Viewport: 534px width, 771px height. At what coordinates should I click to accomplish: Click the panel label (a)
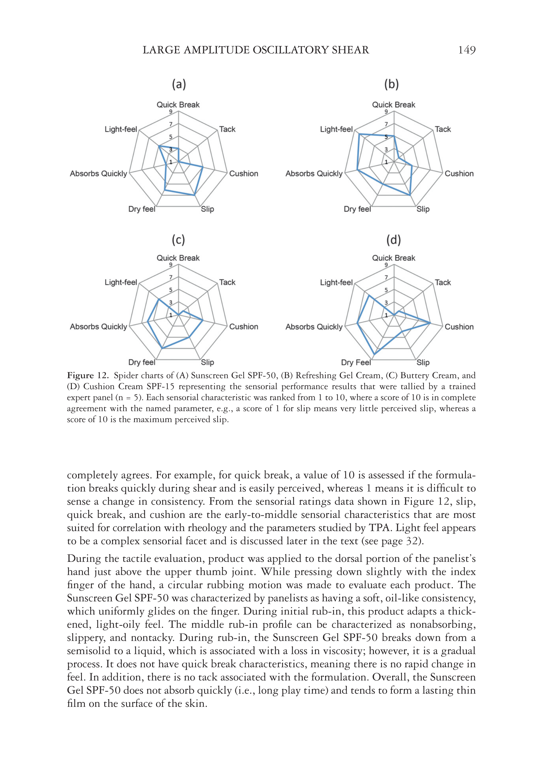pyautogui.click(x=179, y=84)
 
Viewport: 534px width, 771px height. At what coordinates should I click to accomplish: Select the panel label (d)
pyautogui.click(x=393, y=240)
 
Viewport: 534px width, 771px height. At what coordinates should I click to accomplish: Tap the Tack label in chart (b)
pyautogui.click(x=442, y=129)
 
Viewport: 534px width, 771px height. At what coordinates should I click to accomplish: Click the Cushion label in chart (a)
pyautogui.click(x=244, y=173)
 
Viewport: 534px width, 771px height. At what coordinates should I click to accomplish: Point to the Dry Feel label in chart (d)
pyautogui.click(x=356, y=363)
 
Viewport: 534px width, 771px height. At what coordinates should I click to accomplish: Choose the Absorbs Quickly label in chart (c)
pyautogui.click(x=98, y=327)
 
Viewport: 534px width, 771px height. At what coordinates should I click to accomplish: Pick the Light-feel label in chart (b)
pyautogui.click(x=336, y=129)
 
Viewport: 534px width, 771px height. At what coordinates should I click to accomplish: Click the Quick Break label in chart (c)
pyautogui.click(x=178, y=258)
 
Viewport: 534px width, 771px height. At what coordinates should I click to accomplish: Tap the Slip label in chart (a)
pyautogui.click(x=207, y=209)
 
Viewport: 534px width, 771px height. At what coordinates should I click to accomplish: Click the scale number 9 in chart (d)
pyautogui.click(x=386, y=265)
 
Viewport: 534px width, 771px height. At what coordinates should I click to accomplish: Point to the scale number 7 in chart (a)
pyautogui.click(x=171, y=124)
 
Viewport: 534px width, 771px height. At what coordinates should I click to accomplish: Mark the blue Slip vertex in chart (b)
pyautogui.click(x=410, y=195)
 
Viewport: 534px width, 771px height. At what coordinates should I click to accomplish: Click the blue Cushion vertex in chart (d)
pyautogui.click(x=430, y=323)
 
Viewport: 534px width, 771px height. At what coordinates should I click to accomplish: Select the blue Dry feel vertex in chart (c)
pyautogui.click(x=162, y=348)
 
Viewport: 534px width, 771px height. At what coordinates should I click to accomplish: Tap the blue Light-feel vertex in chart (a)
pyautogui.click(x=159, y=146)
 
